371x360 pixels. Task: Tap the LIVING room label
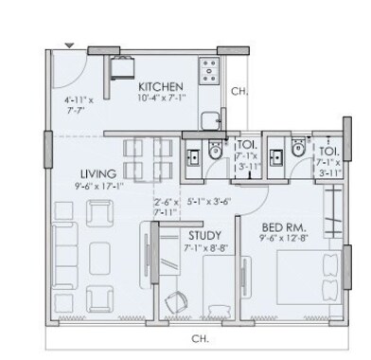click(x=97, y=173)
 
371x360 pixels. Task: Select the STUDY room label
click(x=204, y=235)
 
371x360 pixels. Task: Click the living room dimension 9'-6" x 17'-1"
click(x=97, y=187)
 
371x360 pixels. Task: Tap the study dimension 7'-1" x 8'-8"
click(x=204, y=248)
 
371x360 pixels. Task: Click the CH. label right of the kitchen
click(x=240, y=92)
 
